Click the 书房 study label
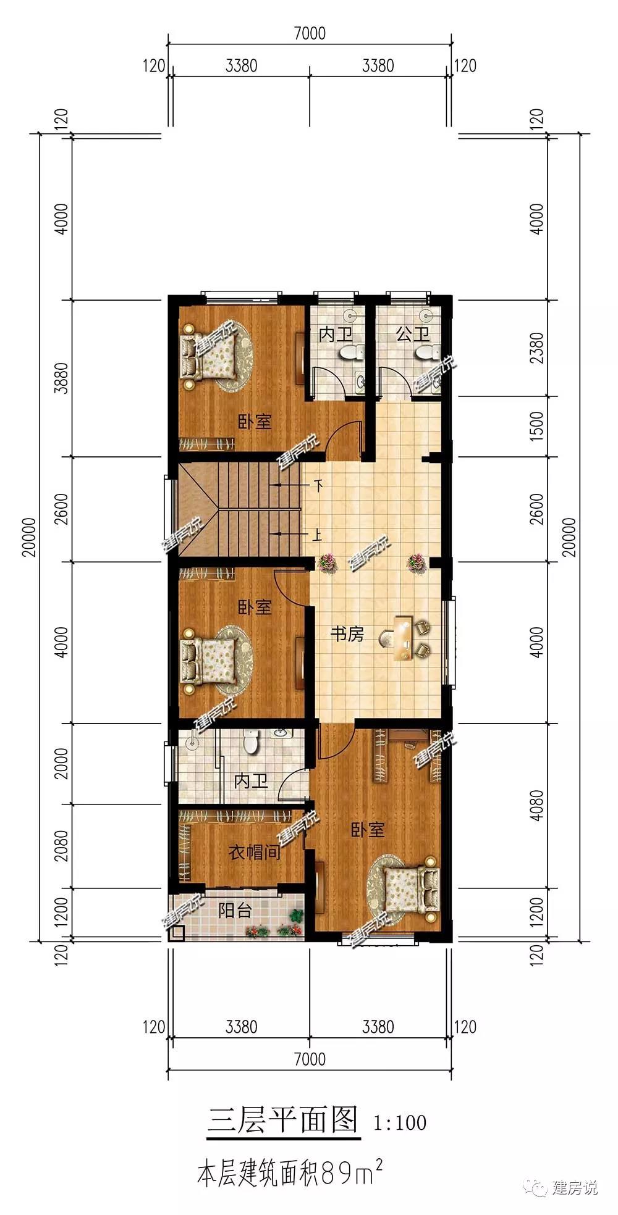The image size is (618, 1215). tap(347, 634)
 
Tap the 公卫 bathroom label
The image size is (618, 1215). tap(413, 335)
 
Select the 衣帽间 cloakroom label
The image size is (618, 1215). tap(254, 853)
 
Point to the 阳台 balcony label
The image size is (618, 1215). tap(235, 910)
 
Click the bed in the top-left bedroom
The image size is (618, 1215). tap(208, 357)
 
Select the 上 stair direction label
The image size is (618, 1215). tap(318, 534)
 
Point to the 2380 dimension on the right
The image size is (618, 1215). tap(536, 348)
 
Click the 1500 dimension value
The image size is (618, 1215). tap(536, 426)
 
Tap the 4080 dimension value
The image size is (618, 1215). tap(536, 805)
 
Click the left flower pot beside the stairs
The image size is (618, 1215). tap(326, 562)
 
